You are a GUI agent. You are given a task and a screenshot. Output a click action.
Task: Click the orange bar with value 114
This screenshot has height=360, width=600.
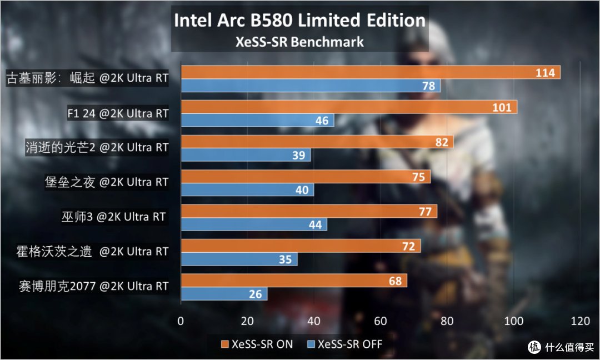tap(371, 72)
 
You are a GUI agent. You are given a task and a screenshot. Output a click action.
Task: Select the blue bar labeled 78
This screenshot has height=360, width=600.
tap(311, 86)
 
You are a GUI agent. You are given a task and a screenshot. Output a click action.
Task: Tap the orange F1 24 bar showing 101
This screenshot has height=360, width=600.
tap(349, 107)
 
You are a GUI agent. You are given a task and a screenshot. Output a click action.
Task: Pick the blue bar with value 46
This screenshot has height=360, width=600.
tap(258, 120)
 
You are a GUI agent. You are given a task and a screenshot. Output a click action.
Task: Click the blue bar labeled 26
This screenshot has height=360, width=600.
tap(224, 294)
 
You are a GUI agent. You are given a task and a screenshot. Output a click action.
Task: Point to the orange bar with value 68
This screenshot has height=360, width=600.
tap(294, 281)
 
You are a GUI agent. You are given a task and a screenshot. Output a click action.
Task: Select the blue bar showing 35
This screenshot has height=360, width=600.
tap(239, 259)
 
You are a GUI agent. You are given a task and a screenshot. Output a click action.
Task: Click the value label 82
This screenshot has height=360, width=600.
tap(442, 142)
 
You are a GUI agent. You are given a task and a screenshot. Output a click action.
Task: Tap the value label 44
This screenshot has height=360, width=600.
tap(316, 224)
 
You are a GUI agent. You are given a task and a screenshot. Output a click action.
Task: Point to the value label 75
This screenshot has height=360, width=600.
tap(419, 177)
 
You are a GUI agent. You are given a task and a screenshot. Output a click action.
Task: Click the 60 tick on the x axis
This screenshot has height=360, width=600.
tap(381, 321)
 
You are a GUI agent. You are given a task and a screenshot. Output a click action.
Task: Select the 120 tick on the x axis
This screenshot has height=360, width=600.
tap(580, 321)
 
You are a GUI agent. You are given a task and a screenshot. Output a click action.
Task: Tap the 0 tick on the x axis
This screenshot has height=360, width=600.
tap(181, 321)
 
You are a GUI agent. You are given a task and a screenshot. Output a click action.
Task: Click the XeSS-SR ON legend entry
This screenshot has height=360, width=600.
tap(257, 344)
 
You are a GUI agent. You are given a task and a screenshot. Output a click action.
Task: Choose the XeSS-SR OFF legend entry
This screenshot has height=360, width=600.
tap(345, 344)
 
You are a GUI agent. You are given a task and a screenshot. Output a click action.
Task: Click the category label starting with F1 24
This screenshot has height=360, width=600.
tap(118, 113)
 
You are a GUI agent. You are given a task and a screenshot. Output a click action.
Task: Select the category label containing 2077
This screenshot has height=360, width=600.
tap(94, 286)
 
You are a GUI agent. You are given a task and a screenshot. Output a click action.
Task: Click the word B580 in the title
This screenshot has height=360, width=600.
tap(272, 20)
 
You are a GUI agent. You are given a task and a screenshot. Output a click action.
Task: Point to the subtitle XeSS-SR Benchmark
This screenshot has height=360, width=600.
tap(299, 42)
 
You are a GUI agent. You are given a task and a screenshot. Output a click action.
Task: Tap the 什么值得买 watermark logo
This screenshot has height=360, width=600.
tap(561, 347)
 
